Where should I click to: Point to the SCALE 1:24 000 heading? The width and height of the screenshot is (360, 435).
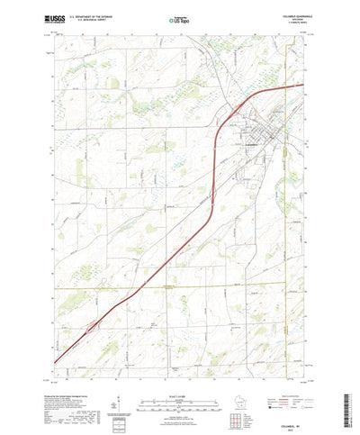[x=178, y=369]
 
